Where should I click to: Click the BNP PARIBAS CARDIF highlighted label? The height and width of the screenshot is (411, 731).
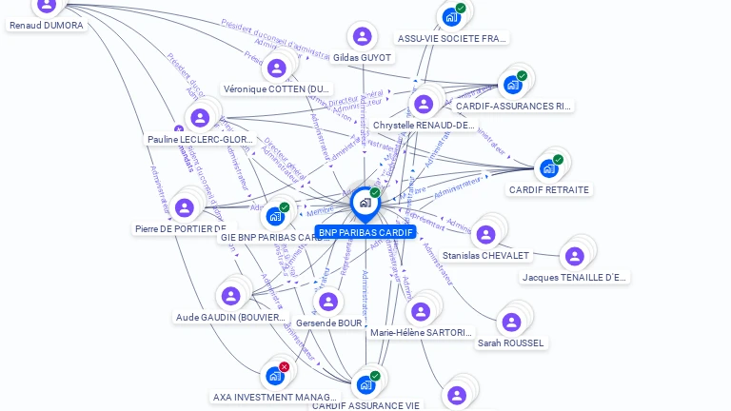click(365, 232)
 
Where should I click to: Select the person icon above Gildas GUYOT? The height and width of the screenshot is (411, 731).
click(362, 37)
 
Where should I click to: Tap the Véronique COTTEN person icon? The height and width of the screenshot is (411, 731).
click(276, 68)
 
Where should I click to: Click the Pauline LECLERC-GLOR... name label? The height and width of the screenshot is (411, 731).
click(201, 139)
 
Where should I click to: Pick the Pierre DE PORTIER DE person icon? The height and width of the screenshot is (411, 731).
click(185, 207)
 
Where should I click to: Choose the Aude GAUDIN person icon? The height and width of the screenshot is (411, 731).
click(230, 296)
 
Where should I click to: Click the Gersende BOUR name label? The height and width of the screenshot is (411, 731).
click(328, 323)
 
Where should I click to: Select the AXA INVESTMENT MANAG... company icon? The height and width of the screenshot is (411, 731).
click(274, 376)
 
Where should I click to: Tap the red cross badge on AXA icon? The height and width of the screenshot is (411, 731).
click(284, 366)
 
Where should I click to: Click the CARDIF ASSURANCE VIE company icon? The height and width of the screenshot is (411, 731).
click(365, 385)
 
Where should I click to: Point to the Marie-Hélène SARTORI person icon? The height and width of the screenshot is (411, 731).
click(421, 311)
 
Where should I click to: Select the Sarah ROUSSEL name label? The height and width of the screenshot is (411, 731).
click(511, 342)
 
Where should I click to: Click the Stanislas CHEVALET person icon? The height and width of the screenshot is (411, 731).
click(485, 235)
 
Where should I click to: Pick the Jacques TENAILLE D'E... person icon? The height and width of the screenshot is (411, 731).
click(575, 256)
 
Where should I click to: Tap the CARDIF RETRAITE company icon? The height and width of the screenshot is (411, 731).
click(548, 168)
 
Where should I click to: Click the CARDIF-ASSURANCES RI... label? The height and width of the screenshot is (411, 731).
click(514, 107)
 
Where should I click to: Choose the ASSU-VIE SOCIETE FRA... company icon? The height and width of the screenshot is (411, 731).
click(450, 16)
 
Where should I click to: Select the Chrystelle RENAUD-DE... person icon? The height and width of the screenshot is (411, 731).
click(424, 104)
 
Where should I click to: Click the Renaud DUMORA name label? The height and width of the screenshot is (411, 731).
click(47, 26)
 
